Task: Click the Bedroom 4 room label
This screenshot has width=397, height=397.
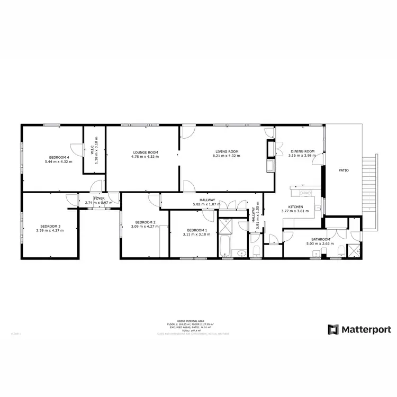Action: (58, 157)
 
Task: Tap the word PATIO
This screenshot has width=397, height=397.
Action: (344, 170)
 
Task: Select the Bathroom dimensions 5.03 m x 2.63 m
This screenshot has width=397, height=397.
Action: (321, 244)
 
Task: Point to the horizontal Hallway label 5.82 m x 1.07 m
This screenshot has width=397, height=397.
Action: (204, 204)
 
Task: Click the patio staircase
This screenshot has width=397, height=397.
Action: (368, 191)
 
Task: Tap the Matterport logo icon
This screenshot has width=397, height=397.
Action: (333, 330)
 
